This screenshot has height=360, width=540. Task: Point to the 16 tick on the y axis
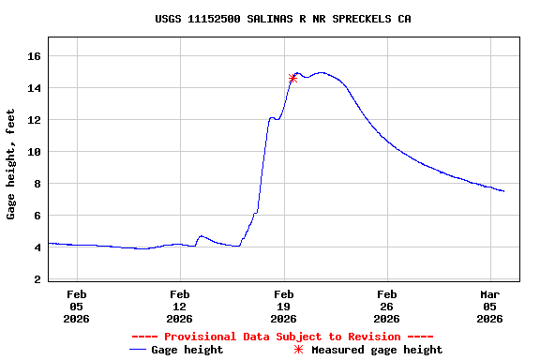pos(34,56)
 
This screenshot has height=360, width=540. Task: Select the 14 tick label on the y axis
pos(34,88)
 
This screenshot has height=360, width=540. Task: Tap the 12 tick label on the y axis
pos(34,120)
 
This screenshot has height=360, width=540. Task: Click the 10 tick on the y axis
pos(34,152)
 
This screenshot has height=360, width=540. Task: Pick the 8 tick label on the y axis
pos(37,184)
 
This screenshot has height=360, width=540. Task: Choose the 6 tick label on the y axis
pos(37,216)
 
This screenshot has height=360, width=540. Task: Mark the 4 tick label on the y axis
pos(37,247)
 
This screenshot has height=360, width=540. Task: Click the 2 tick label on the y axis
pos(37,279)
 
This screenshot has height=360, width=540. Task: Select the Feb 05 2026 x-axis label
pos(76,306)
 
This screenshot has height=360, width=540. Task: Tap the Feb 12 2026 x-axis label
pos(180,306)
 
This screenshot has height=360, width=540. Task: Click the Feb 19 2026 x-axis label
pos(283,306)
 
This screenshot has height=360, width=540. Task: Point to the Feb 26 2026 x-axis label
pos(387,306)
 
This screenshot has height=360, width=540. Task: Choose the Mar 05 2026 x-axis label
pos(490,306)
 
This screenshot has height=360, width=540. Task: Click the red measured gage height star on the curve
pos(292,79)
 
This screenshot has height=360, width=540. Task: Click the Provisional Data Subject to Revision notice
pos(282,337)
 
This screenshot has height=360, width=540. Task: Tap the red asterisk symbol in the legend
pos(299,350)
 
